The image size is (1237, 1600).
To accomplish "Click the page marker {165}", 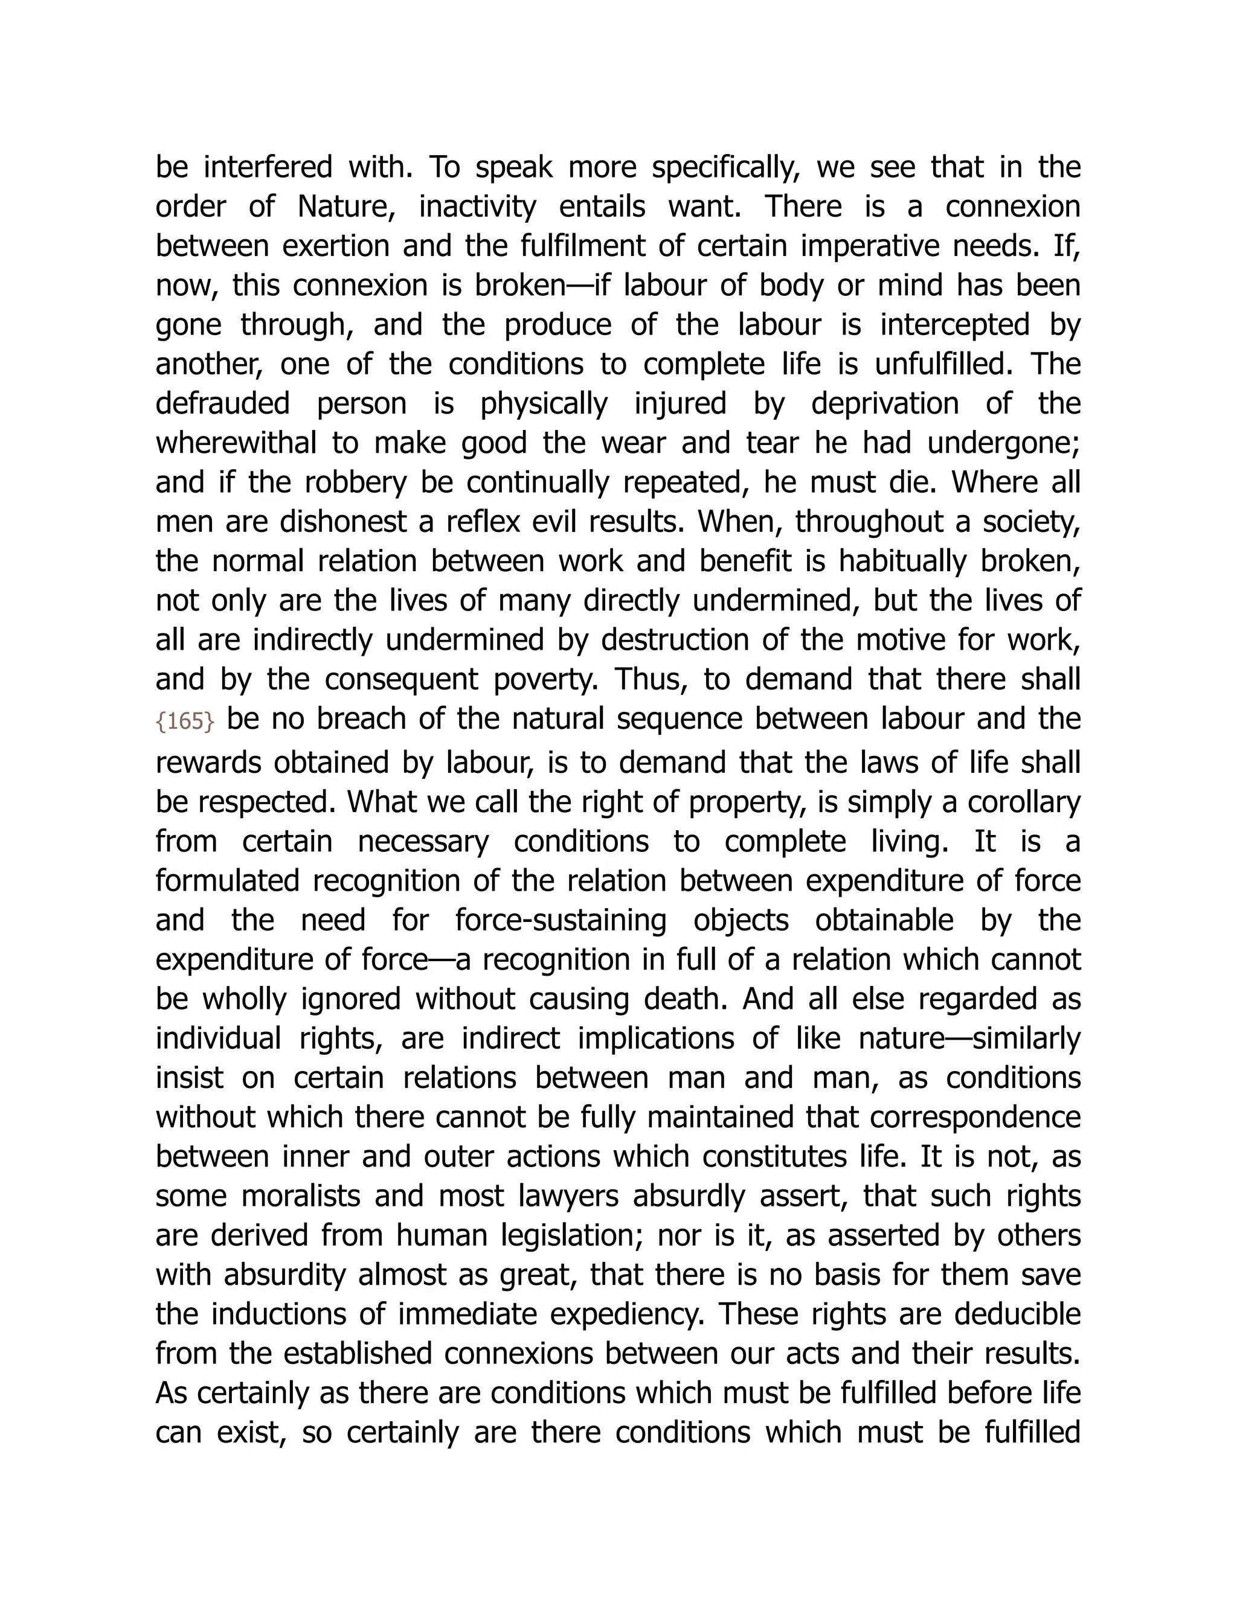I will [x=185, y=722].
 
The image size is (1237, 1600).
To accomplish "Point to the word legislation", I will [x=573, y=1236].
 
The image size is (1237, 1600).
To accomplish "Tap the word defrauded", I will [x=222, y=404].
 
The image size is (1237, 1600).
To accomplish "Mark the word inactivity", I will [x=477, y=206].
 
